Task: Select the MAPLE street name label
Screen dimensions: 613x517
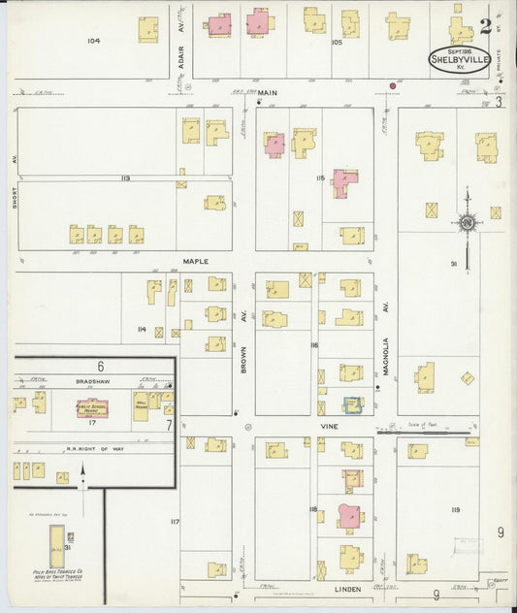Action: pyautogui.click(x=196, y=261)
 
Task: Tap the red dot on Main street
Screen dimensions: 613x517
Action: pyautogui.click(x=393, y=86)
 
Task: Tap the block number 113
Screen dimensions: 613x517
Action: pyautogui.click(x=125, y=178)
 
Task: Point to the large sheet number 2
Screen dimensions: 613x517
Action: pyautogui.click(x=485, y=21)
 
